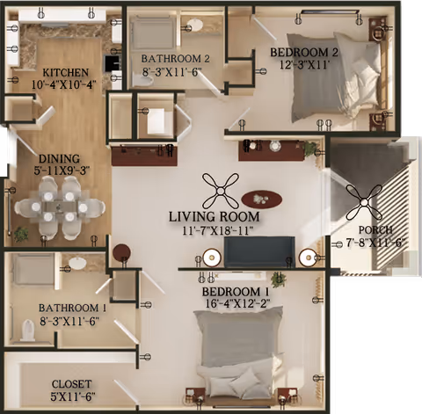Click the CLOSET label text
pyautogui.click(x=73, y=384)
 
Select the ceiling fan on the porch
pyautogui.click(x=363, y=203)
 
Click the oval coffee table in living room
pyautogui.click(x=262, y=199)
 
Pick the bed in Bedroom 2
pyautogui.click(x=334, y=81)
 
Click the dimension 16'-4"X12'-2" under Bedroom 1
pyautogui.click(x=235, y=304)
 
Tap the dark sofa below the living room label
pyautogui.click(x=258, y=252)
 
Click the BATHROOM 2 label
pyautogui.click(x=176, y=58)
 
